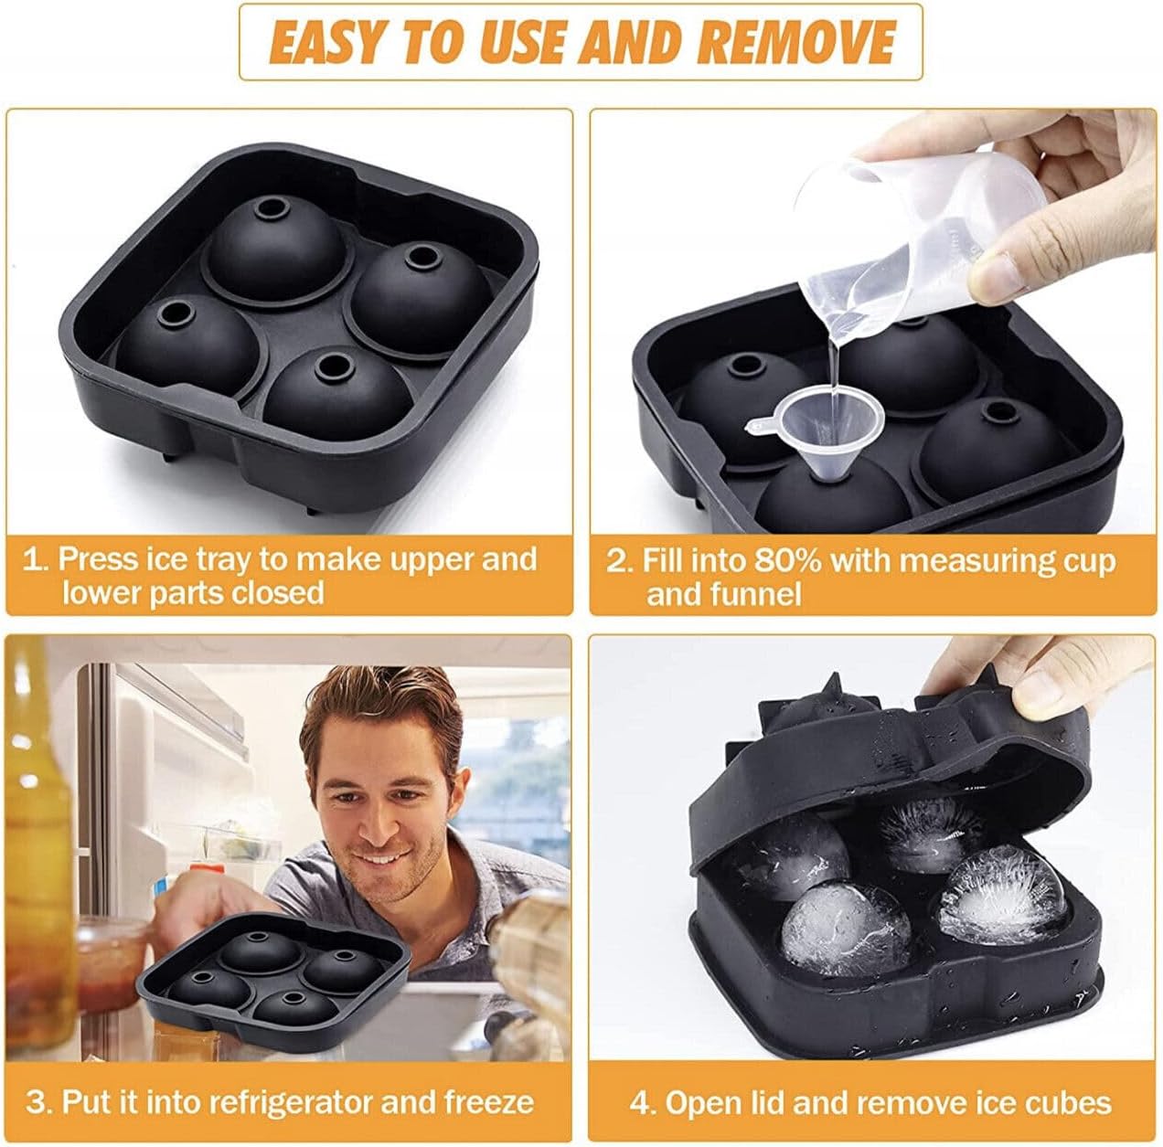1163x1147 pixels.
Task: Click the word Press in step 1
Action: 98,559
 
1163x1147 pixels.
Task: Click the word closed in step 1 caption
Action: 277,592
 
